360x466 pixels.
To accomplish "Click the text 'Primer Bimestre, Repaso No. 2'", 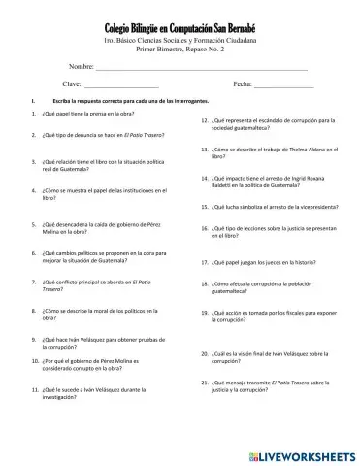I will click(180, 48).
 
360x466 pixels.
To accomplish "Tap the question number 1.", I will click(35, 115).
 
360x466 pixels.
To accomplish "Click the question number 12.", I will click(190, 120).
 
